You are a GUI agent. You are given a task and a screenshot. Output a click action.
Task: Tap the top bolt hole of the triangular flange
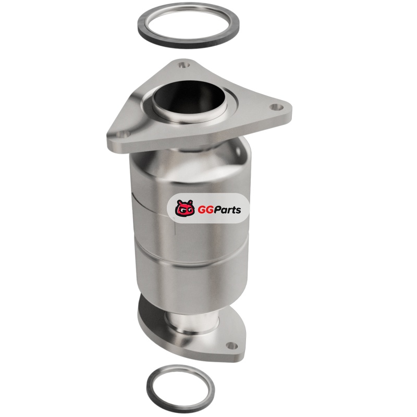tap(183, 65)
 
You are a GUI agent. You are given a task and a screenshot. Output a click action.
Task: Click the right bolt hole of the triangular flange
tap(276, 107)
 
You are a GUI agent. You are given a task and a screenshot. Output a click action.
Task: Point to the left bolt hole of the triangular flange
tap(124, 135)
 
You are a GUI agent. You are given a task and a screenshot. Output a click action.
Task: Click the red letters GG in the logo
tap(205, 210)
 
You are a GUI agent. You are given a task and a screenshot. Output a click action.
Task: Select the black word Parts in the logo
tap(227, 210)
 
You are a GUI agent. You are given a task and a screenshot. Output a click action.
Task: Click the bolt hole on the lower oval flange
tap(232, 346)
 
